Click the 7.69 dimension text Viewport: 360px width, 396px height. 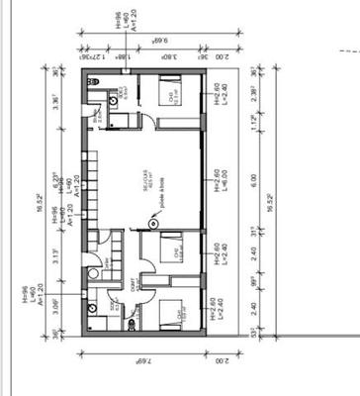pyautogui.click(x=142, y=366)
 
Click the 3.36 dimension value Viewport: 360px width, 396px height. pyautogui.click(x=56, y=102)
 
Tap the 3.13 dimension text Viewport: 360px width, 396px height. pyautogui.click(x=56, y=259)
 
